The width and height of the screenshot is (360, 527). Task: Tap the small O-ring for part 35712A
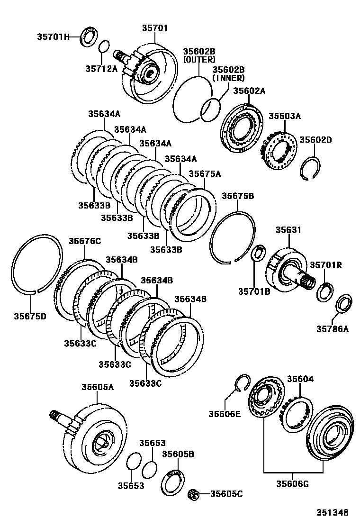pyautogui.click(x=104, y=47)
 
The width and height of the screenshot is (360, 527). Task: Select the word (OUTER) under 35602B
pyautogui.click(x=199, y=60)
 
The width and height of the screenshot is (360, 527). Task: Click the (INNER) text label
pyautogui.click(x=228, y=78)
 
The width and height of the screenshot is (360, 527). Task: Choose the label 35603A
pyautogui.click(x=285, y=116)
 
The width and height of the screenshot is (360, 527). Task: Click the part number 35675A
pyautogui.click(x=205, y=174)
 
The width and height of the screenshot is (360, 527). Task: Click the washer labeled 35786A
pyautogui.click(x=343, y=304)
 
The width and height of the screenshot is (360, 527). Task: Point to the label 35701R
pyautogui.click(x=326, y=265)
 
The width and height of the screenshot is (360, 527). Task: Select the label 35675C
pyautogui.click(x=85, y=241)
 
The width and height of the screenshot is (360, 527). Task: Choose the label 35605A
pyautogui.click(x=98, y=387)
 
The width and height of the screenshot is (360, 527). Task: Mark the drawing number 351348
pyautogui.click(x=333, y=512)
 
